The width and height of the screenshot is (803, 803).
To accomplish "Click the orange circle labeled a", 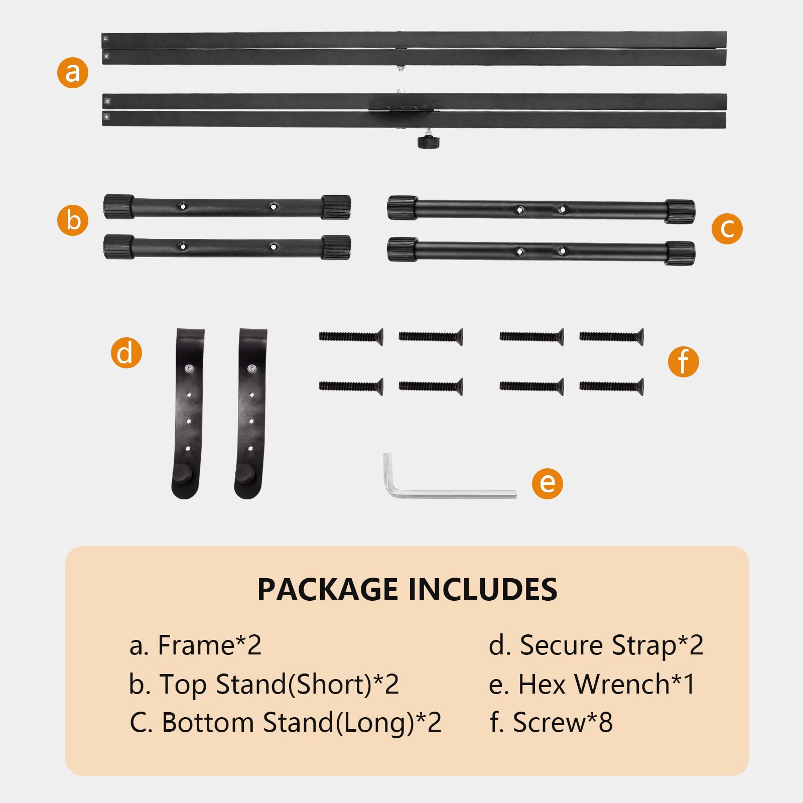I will pyautogui.click(x=73, y=73).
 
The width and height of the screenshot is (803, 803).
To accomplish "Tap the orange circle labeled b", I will pyautogui.click(x=73, y=220).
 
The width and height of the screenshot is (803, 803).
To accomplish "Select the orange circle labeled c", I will pyautogui.click(x=727, y=229).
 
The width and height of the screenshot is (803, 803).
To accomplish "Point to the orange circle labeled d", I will pyautogui.click(x=126, y=353).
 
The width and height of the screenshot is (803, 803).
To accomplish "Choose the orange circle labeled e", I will pyautogui.click(x=547, y=483).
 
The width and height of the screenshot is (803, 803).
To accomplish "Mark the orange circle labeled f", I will pyautogui.click(x=683, y=361).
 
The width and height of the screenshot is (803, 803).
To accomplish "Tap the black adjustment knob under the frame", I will pyautogui.click(x=428, y=142).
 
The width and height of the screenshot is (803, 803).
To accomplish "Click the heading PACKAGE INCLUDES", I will pyautogui.click(x=407, y=589).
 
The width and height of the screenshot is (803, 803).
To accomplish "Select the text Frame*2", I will pyautogui.click(x=210, y=645).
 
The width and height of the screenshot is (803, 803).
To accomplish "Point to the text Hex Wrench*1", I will pyautogui.click(x=606, y=684).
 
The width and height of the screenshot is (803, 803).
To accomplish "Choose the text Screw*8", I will pyautogui.click(x=563, y=723).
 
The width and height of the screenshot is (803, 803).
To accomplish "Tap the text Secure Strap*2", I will pyautogui.click(x=611, y=645).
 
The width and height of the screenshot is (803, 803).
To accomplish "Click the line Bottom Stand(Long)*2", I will pyautogui.click(x=301, y=723).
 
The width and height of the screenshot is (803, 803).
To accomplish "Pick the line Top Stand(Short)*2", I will pyautogui.click(x=279, y=684).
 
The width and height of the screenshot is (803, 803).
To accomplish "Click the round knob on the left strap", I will pyautogui.click(x=182, y=473).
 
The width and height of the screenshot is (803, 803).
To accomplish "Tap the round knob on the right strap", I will pyautogui.click(x=245, y=473).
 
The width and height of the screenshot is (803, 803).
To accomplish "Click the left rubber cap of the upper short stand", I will pyautogui.click(x=119, y=207).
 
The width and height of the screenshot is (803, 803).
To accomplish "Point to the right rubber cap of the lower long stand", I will pyautogui.click(x=681, y=253).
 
